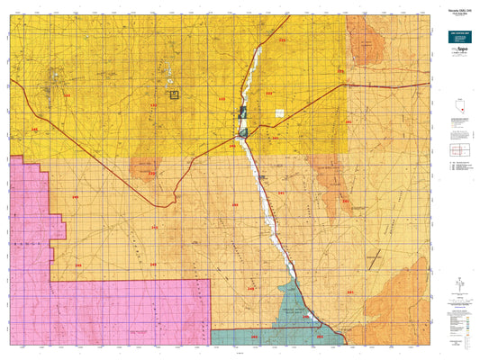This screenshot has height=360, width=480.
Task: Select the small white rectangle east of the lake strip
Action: pos(279,112)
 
